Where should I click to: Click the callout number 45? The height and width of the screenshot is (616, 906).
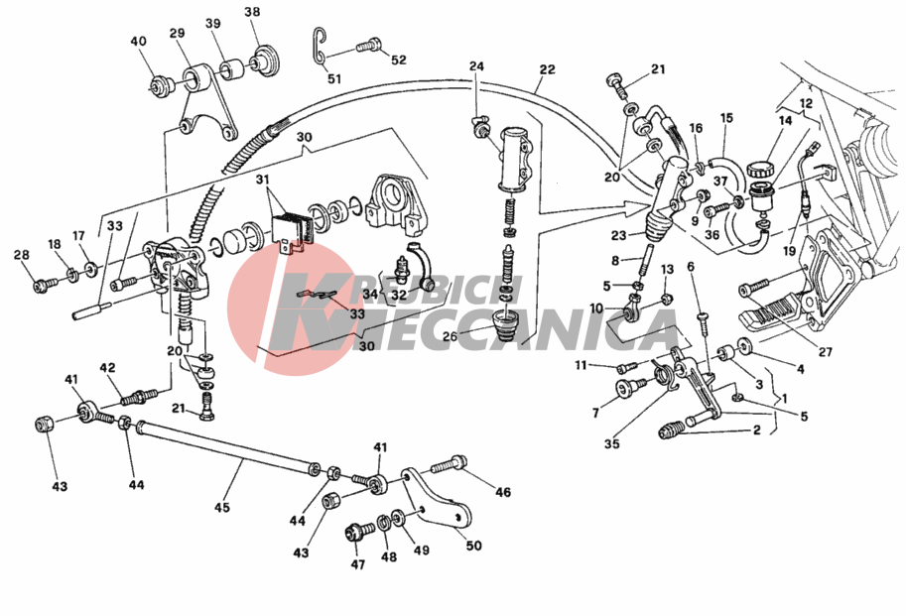[x=221, y=508]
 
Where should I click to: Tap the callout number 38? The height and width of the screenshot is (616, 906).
[x=252, y=13]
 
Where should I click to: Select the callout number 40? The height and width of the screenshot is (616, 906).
[x=138, y=42]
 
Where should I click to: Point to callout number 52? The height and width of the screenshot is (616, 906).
[x=398, y=60]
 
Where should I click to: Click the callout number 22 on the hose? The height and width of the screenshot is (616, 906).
[x=548, y=70]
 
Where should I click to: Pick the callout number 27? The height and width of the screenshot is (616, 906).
[x=826, y=352]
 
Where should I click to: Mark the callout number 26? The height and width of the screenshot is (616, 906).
[x=450, y=336]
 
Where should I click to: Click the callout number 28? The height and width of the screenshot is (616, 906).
[x=21, y=257]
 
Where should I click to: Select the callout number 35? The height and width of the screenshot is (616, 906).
[x=611, y=445]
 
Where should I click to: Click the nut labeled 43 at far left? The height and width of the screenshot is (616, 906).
[x=44, y=425]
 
